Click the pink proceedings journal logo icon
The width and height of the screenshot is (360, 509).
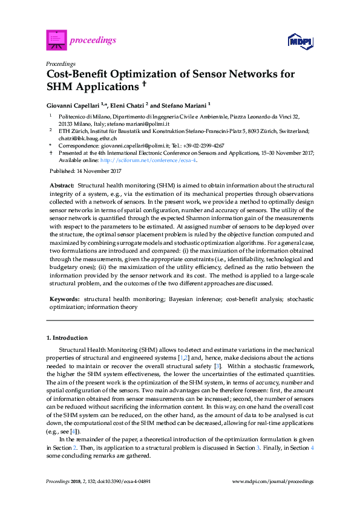coord(56,40)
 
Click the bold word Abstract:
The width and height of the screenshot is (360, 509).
coord(61,184)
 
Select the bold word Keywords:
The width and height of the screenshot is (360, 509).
coord(64,299)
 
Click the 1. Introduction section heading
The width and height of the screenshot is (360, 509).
coord(67,337)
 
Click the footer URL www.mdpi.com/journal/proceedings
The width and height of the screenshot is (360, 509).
coord(273,481)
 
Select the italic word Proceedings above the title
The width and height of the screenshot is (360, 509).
coord(61,63)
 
